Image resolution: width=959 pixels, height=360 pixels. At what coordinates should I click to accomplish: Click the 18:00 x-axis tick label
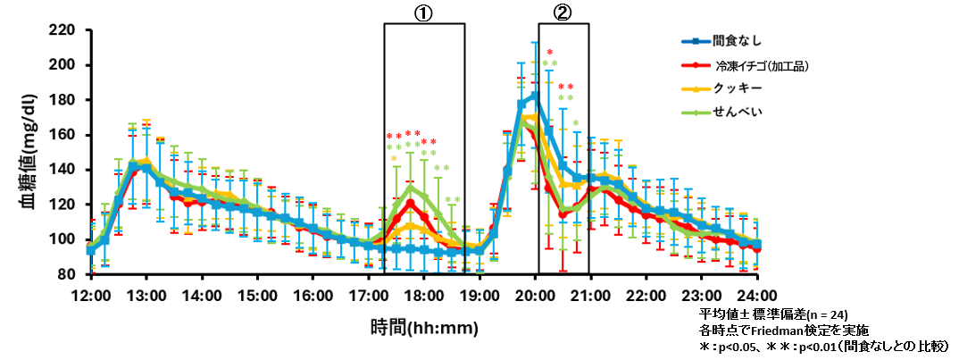(x=423, y=295)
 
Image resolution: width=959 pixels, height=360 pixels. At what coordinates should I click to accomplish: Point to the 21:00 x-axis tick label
(x=589, y=295)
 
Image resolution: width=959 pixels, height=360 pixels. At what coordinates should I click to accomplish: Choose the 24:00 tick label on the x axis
(x=756, y=295)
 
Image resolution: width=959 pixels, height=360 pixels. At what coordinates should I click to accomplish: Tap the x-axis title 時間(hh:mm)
(x=423, y=327)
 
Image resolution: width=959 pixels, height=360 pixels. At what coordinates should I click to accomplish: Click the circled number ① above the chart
(x=423, y=12)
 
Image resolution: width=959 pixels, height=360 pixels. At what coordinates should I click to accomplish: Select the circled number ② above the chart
(x=563, y=12)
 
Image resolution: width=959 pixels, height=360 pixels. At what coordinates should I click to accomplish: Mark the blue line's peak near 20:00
(x=534, y=95)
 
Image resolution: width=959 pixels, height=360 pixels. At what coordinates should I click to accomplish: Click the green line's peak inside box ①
(x=410, y=188)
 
